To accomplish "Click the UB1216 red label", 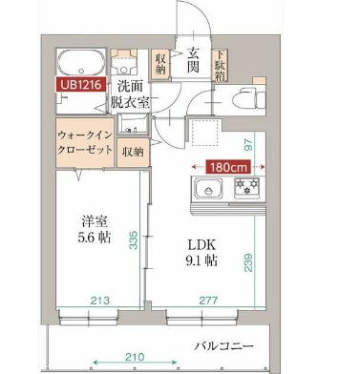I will click(79, 85).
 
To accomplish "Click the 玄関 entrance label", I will click(192, 62).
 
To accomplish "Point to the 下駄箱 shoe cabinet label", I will click(221, 63).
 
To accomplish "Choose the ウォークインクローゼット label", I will click(84, 143).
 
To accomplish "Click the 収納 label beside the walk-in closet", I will click(132, 150).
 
